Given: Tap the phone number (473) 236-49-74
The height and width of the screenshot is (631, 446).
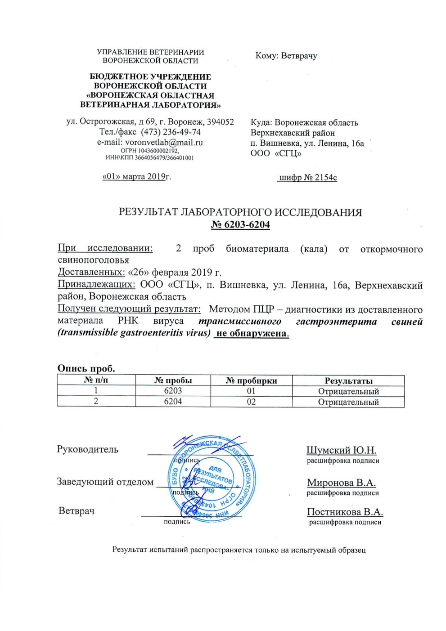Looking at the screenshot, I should click(x=171, y=132).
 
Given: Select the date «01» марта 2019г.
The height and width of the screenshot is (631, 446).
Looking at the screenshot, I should click(x=137, y=176).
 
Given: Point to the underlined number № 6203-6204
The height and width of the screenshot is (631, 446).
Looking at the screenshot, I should click(x=240, y=224).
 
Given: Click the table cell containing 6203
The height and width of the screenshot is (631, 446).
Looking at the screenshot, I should click(x=174, y=391).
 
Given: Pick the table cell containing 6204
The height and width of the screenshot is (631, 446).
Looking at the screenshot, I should click(x=174, y=402).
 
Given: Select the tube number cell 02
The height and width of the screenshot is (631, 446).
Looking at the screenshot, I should click(x=251, y=402).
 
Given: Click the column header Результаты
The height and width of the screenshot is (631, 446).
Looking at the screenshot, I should click(x=348, y=381).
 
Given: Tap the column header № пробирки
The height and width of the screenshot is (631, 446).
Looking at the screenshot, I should click(x=251, y=381).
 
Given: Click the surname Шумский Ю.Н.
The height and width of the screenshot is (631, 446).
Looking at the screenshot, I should click(x=341, y=450).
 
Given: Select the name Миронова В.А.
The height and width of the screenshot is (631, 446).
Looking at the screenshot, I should click(x=341, y=483).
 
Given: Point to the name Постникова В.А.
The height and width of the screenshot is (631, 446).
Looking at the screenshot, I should click(x=345, y=512).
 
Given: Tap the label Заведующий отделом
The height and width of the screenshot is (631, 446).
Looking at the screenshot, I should click(x=105, y=482).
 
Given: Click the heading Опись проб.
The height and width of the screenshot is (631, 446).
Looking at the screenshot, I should click(x=86, y=368).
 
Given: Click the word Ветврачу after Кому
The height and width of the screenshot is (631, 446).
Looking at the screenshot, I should click(x=299, y=56).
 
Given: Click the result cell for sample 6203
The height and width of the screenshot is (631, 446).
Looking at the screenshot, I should click(x=348, y=391).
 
